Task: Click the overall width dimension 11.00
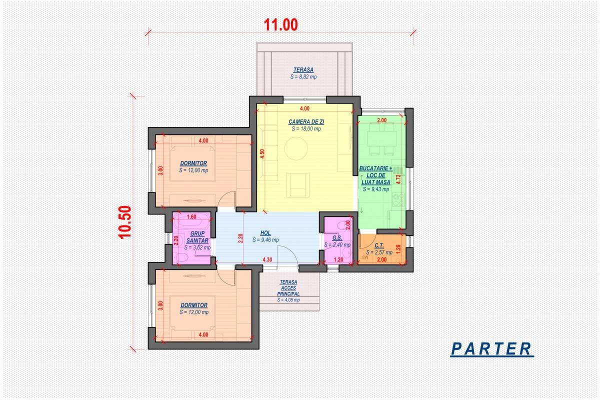pyautogui.click(x=280, y=24)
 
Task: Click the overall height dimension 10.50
pyautogui.click(x=125, y=222)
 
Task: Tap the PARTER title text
pyautogui.click(x=491, y=349)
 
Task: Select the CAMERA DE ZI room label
pyautogui.click(x=306, y=121)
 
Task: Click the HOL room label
pyautogui.click(x=265, y=233)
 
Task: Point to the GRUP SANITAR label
pyautogui.click(x=197, y=237)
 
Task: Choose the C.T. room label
pyautogui.click(x=379, y=245)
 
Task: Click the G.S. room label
pyautogui.click(x=337, y=237)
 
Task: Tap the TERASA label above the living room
pyautogui.click(x=303, y=70)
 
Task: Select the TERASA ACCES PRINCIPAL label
pyautogui.click(x=288, y=288)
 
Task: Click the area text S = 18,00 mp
pyautogui.click(x=306, y=129)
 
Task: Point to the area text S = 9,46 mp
pyautogui.click(x=265, y=240)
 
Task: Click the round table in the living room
pyautogui.click(x=296, y=148)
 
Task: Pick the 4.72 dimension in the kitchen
pyautogui.click(x=398, y=179)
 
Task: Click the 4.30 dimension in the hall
pyautogui.click(x=267, y=259)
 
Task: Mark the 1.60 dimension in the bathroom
pyautogui.click(x=191, y=216)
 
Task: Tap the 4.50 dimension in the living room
pyautogui.click(x=262, y=154)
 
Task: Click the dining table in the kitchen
pyautogui.click(x=381, y=139)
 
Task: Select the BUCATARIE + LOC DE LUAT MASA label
pyautogui.click(x=376, y=175)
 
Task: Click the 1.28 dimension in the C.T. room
pyautogui.click(x=398, y=249)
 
